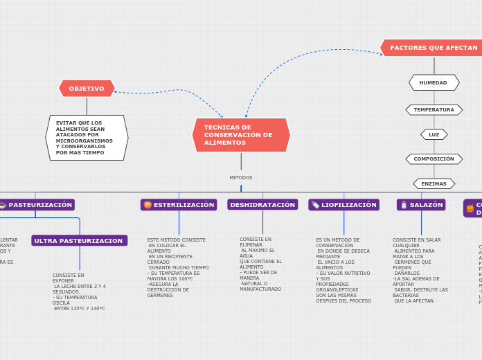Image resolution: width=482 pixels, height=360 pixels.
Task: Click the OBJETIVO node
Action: pyautogui.click(x=87, y=89)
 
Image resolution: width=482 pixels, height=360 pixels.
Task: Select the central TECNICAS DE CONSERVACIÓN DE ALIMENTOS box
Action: pyautogui.click(x=241, y=135)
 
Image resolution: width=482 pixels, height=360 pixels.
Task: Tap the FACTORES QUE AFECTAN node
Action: pyautogui.click(x=433, y=48)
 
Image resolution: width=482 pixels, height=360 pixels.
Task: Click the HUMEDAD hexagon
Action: pyautogui.click(x=434, y=82)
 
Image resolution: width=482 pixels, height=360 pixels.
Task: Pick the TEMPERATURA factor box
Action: pyautogui.click(x=434, y=109)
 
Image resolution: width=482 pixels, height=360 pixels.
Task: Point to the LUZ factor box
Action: pyautogui.click(x=434, y=134)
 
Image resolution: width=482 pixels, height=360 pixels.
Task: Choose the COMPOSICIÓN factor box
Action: pyautogui.click(x=434, y=159)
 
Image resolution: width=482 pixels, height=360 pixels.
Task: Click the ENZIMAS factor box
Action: pyautogui.click(x=434, y=183)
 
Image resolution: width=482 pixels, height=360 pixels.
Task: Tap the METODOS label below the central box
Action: pyautogui.click(x=241, y=178)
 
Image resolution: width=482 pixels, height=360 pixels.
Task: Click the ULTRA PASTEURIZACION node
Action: pyautogui.click(x=79, y=240)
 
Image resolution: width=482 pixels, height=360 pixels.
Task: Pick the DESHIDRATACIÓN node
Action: pyautogui.click(x=262, y=205)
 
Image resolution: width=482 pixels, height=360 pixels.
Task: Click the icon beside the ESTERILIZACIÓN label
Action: pyautogui.click(x=148, y=205)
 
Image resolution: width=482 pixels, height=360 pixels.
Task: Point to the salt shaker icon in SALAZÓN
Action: pyautogui.click(x=404, y=205)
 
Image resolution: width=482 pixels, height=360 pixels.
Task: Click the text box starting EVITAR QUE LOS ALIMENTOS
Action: pyautogui.click(x=87, y=138)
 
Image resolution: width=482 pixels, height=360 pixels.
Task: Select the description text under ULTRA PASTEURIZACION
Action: pyautogui.click(x=79, y=291)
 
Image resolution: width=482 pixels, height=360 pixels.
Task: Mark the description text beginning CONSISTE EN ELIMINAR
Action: pyautogui.click(x=260, y=264)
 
